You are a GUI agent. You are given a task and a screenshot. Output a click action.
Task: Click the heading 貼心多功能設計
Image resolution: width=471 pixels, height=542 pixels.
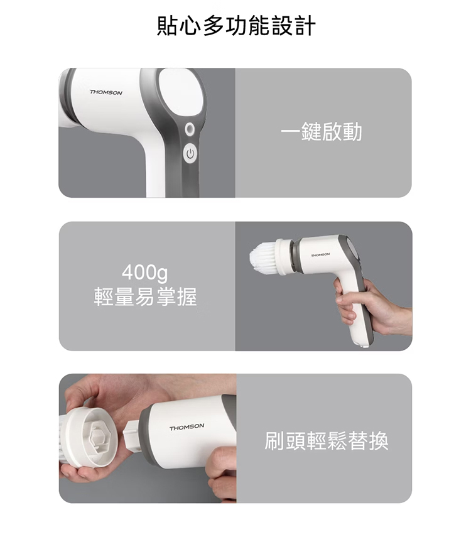pyautogui.click(x=236, y=26)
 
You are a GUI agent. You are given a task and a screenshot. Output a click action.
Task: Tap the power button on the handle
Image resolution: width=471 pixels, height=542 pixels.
pyautogui.click(x=190, y=154)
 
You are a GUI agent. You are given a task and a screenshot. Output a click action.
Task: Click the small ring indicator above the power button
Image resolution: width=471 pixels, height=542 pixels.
pyautogui.click(x=190, y=129)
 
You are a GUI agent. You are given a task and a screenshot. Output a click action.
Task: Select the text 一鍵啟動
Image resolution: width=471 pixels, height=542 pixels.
pyautogui.click(x=322, y=132)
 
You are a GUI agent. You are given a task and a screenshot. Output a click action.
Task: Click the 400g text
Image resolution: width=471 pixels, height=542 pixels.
pyautogui.click(x=145, y=273)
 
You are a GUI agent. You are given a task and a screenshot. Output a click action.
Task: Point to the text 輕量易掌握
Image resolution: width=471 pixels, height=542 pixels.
pyautogui.click(x=145, y=296)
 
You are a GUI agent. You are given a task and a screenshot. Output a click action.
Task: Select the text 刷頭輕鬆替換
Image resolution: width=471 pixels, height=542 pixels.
pyautogui.click(x=327, y=441)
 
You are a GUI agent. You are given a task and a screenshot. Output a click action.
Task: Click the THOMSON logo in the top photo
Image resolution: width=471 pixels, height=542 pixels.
pyautogui.click(x=106, y=92)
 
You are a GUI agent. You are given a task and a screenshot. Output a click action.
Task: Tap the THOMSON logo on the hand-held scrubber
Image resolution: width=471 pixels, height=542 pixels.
pyautogui.click(x=320, y=255)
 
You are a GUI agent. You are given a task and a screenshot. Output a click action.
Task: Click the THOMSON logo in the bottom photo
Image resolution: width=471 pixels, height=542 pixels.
pyautogui.click(x=187, y=427)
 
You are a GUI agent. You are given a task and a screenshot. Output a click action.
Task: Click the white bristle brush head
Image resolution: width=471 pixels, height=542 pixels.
pyautogui.click(x=263, y=256)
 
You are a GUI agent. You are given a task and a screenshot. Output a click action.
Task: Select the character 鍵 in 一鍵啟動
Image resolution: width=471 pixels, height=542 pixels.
pyautogui.click(x=311, y=132)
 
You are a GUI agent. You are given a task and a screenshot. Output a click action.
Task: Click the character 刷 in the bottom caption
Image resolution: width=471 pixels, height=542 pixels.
pyautogui.click(x=274, y=441)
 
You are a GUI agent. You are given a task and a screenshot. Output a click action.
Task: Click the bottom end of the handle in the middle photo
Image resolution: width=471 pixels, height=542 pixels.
pyautogui.click(x=363, y=344)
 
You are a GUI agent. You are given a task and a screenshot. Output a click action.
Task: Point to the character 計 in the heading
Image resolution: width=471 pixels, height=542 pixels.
pyautogui.click(x=305, y=26)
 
